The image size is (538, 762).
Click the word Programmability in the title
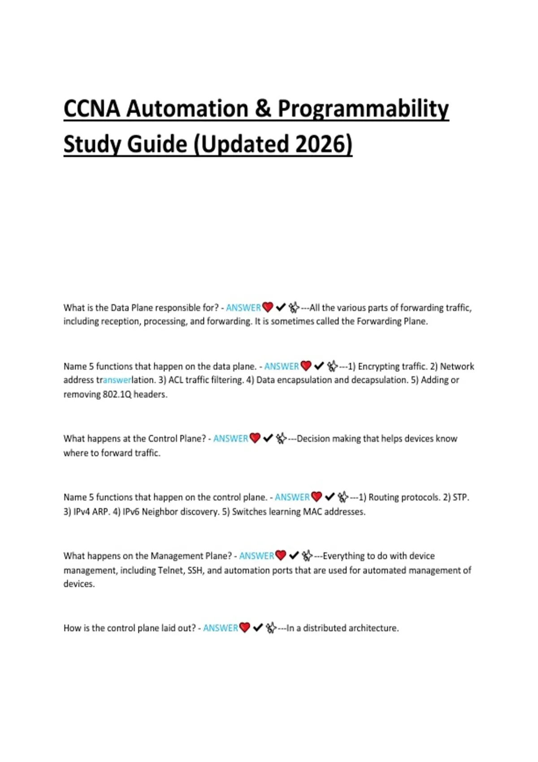click(x=363, y=109)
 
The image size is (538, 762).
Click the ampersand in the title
click(x=262, y=109)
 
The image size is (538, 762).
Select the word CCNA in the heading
click(x=91, y=109)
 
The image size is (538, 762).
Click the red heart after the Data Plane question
click(x=268, y=307)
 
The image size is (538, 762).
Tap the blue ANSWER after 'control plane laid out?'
click(x=220, y=628)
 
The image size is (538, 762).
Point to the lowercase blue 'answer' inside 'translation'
click(x=117, y=380)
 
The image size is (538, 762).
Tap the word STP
click(x=460, y=497)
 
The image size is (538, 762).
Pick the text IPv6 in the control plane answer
click(x=131, y=511)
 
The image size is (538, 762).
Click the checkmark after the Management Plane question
click(x=294, y=556)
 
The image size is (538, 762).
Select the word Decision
click(x=313, y=438)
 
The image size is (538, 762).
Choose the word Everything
click(x=344, y=556)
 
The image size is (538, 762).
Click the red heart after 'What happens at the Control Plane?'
click(x=255, y=438)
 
